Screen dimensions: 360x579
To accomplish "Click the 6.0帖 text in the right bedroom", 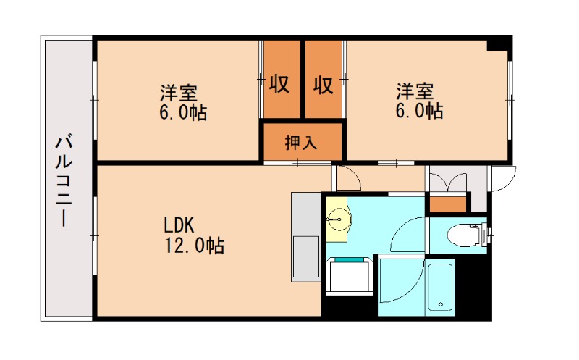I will click(x=418, y=111).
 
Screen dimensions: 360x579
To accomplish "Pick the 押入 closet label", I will click(x=301, y=142).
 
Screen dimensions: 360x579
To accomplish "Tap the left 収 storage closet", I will click(x=280, y=85).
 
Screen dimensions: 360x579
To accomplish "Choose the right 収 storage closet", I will click(x=324, y=85).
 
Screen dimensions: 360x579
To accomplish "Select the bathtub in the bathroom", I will click(x=439, y=287).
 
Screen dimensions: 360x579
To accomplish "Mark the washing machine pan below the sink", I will click(x=349, y=276).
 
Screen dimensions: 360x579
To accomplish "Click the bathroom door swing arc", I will click(x=397, y=286).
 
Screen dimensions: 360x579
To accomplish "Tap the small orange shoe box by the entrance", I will click(x=448, y=204).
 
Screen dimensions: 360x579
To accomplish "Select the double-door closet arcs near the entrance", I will click(x=447, y=182).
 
